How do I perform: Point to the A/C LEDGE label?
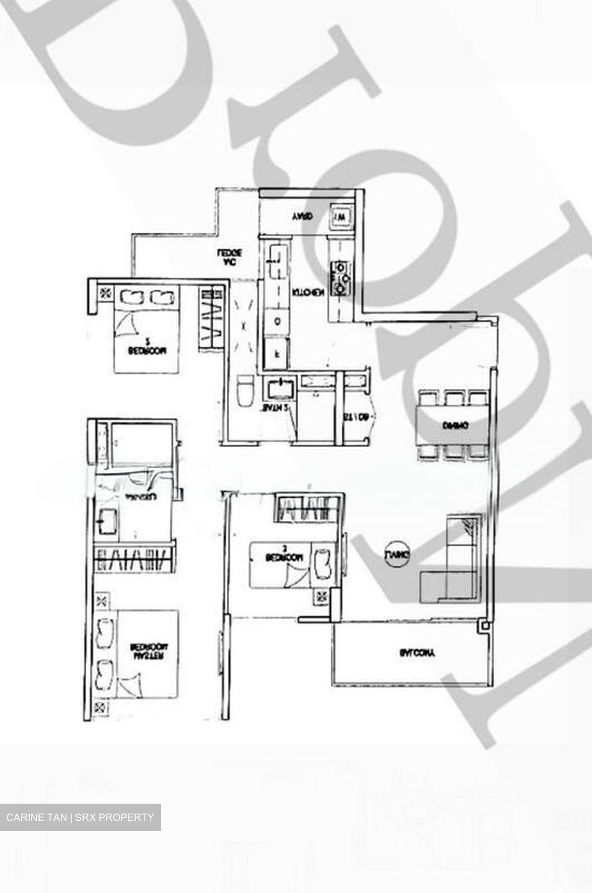[229, 257]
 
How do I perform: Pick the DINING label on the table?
[455, 425]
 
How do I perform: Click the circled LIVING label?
[397, 554]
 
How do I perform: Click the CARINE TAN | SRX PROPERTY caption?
[80, 817]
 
